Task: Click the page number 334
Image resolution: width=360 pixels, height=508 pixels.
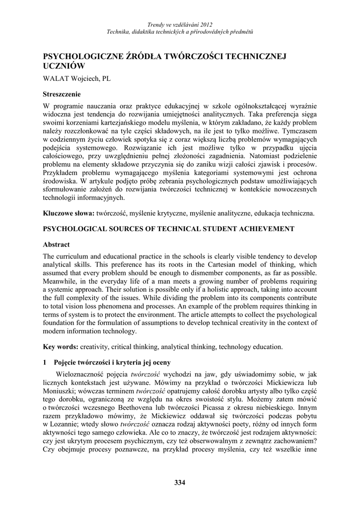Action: click(x=180, y=483)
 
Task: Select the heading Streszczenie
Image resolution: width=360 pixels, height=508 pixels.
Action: click(x=62, y=94)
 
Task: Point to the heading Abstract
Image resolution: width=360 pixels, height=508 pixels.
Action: click(x=56, y=245)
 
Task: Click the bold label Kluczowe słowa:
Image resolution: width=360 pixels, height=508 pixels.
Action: click(x=69, y=213)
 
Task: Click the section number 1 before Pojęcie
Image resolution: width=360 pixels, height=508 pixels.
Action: click(x=45, y=363)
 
